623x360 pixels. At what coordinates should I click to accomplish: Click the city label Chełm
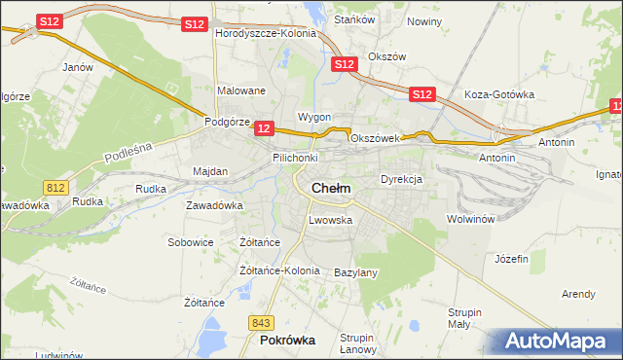(331, 188)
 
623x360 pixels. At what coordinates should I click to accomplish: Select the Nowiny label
(424, 21)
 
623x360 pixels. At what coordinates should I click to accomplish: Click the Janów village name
(77, 67)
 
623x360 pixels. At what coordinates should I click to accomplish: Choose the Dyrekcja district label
(400, 180)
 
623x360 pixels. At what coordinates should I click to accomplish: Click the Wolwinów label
(471, 219)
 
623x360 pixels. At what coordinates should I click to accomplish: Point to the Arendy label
(578, 293)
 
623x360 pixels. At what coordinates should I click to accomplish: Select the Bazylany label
(355, 272)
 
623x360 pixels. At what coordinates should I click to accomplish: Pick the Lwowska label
(330, 220)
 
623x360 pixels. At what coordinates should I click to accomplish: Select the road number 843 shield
(260, 322)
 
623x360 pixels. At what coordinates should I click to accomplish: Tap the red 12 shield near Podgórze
(265, 127)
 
